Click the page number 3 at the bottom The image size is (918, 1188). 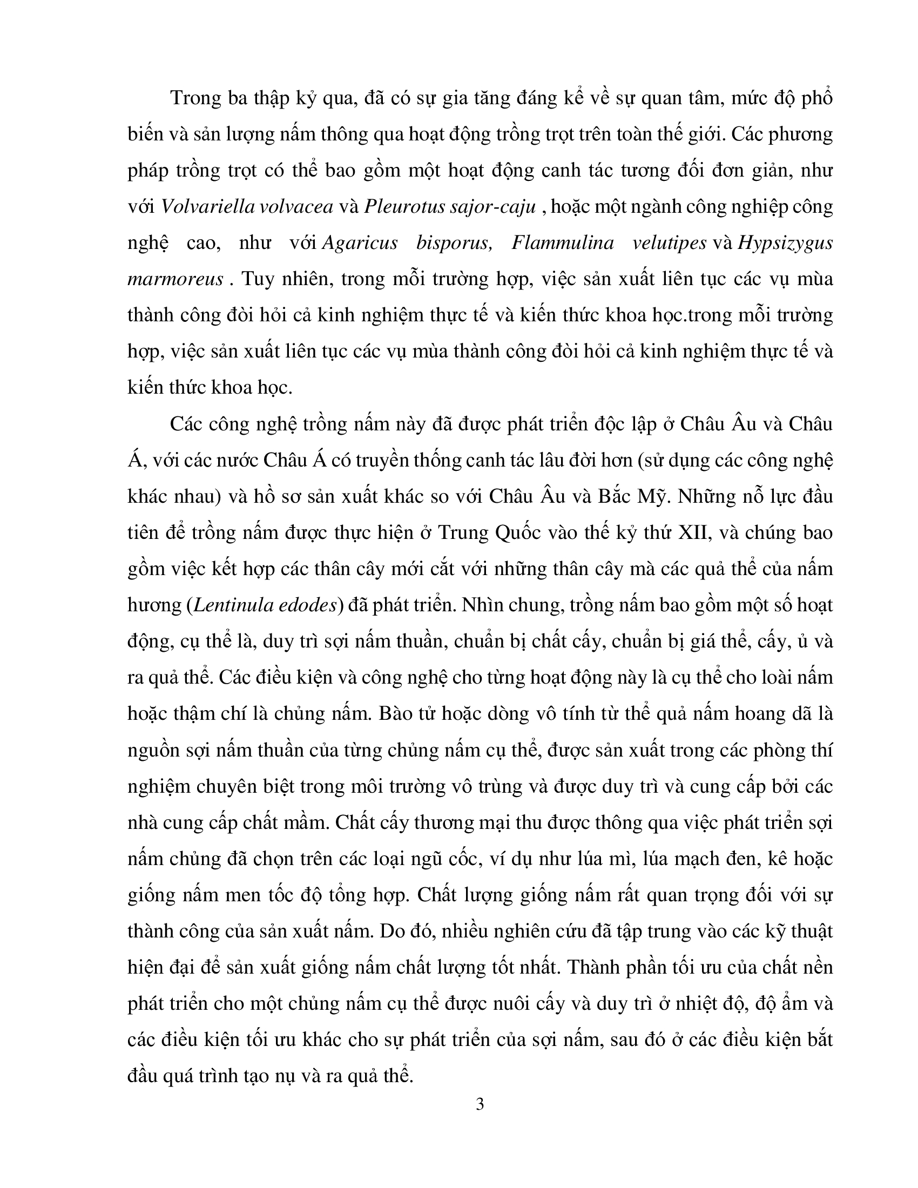coord(480,1104)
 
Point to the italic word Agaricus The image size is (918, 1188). coord(360,242)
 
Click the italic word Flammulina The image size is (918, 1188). coord(563,242)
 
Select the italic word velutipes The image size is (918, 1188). coord(670,242)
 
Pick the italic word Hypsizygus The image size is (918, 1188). coord(785,242)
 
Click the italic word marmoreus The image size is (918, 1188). coord(175,279)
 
